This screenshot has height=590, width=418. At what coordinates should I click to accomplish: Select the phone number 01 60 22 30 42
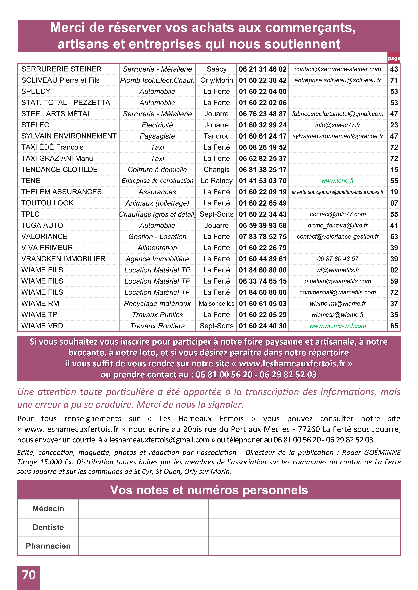263,80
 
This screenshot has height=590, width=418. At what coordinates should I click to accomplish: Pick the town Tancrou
216,136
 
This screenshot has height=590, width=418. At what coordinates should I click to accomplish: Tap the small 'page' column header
394,58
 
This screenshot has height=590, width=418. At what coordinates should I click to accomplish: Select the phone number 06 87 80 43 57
338,259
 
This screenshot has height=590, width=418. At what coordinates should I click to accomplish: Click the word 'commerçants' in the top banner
310,28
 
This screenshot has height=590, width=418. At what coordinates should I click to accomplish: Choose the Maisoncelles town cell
216,304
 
